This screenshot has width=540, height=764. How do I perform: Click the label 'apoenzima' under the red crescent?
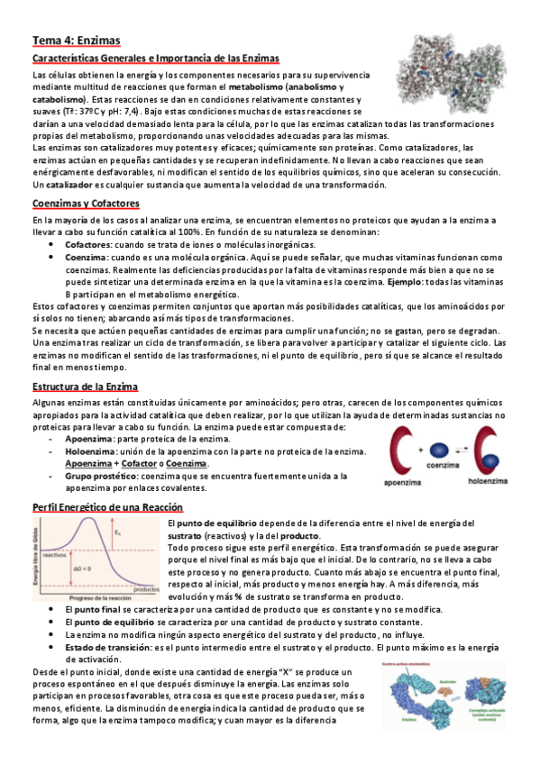click(406, 481)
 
